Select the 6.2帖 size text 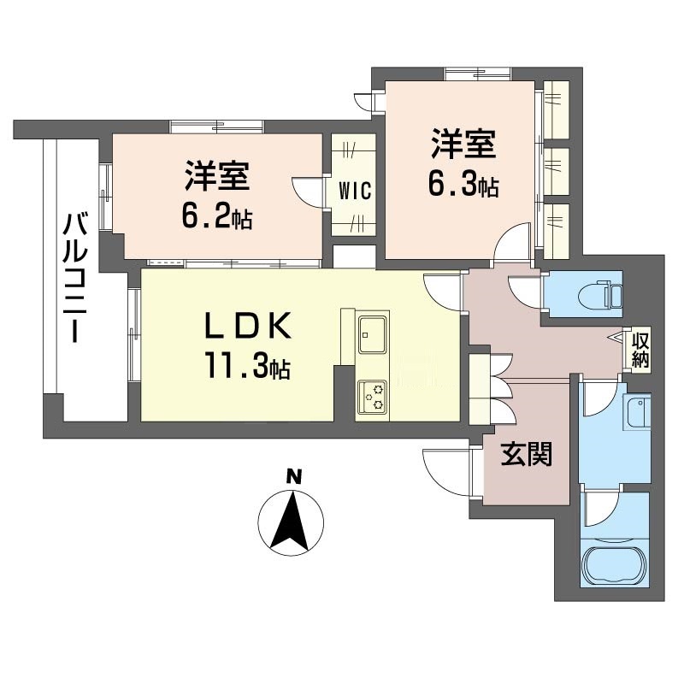pyautogui.click(x=215, y=218)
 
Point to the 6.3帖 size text pyautogui.click(x=463, y=186)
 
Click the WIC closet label pyautogui.click(x=354, y=191)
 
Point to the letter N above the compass pyautogui.click(x=292, y=476)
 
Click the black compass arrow pyautogui.click(x=292, y=520)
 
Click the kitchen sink pyautogui.click(x=373, y=334)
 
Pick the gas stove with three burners pyautogui.click(x=372, y=395)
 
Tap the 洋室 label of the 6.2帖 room pyautogui.click(x=217, y=177)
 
